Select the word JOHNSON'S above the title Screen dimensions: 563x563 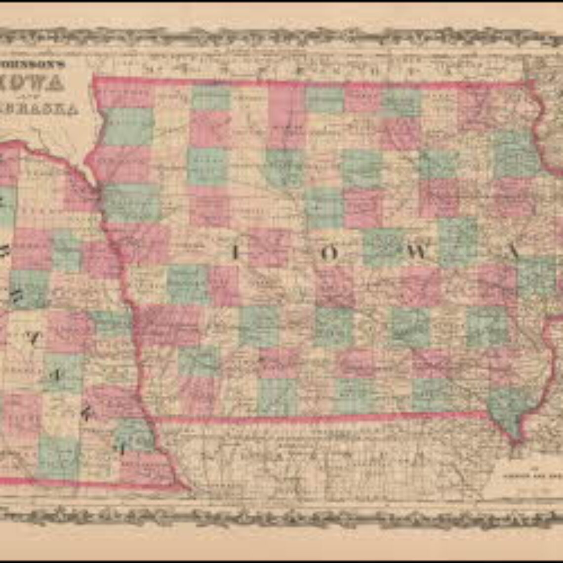point(37,64)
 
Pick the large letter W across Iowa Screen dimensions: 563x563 point(418,252)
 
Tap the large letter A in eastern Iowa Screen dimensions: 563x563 point(514,252)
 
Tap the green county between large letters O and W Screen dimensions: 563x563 point(383,247)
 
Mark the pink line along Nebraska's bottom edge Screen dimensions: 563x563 point(89,483)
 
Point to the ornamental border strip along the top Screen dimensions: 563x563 point(281,36)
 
